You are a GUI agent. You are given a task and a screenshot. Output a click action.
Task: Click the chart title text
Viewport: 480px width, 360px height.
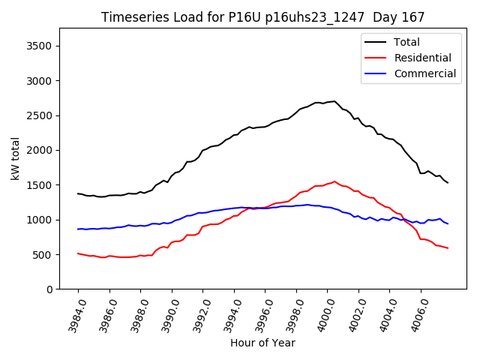262,17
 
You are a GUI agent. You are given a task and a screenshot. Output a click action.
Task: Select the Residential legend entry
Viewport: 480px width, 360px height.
422,58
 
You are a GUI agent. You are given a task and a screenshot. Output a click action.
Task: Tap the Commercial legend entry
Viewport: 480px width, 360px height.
424,73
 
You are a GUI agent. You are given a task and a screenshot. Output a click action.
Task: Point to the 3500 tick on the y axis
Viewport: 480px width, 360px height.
36,46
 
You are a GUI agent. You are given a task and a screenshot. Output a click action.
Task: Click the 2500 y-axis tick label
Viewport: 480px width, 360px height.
36,115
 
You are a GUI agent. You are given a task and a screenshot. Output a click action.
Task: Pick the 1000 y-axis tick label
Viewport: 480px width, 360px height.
36,220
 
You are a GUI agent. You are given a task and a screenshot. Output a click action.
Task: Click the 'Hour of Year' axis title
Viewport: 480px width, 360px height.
262,343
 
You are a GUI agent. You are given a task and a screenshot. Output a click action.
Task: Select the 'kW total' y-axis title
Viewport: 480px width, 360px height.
15,158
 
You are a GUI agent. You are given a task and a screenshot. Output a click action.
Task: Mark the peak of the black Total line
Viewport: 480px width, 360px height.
334,101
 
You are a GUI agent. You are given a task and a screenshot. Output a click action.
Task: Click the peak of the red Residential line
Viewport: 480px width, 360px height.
334,181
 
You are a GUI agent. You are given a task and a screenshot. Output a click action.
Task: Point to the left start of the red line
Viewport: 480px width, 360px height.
78,253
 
